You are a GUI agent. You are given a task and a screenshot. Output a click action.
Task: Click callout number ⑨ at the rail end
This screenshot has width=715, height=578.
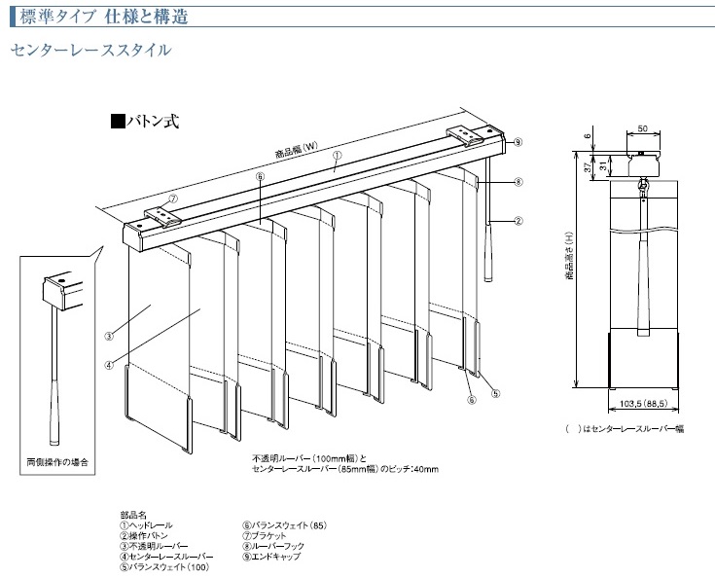click(x=518, y=142)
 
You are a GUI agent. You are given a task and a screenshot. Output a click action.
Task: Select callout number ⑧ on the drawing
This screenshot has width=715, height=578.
click(x=518, y=182)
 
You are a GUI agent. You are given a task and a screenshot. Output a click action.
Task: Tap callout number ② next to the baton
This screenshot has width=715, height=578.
click(x=518, y=221)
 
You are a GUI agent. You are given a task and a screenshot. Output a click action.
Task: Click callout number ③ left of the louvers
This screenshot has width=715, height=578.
click(x=110, y=336)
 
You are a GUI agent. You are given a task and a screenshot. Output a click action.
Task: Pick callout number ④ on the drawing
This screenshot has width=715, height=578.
click(x=110, y=365)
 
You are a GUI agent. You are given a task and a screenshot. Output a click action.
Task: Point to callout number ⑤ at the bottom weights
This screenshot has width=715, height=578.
click(x=495, y=394)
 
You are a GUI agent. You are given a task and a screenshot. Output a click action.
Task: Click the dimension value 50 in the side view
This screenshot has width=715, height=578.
click(x=643, y=128)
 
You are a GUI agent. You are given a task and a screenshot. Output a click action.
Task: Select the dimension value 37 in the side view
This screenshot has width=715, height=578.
click(x=590, y=166)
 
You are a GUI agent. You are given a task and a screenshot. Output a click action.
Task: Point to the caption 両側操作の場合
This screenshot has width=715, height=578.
click(x=57, y=461)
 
